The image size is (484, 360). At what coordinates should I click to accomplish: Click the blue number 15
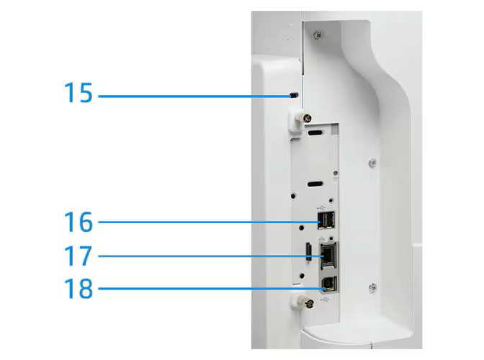pyautogui.click(x=78, y=93)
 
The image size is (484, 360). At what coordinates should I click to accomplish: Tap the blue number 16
pyautogui.click(x=78, y=222)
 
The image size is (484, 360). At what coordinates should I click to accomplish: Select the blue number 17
pyautogui.click(x=78, y=256)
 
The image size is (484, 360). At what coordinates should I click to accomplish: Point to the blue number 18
pyautogui.click(x=78, y=289)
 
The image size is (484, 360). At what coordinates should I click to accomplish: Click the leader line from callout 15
pyautogui.click(x=194, y=96)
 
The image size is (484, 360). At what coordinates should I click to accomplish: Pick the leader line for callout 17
pyautogui.click(x=210, y=256)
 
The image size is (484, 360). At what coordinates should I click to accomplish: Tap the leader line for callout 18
pyautogui.click(x=212, y=289)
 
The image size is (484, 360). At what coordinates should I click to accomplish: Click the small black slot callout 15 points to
pyautogui.click(x=295, y=94)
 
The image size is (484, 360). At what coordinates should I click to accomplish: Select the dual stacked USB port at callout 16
pyautogui.click(x=326, y=220)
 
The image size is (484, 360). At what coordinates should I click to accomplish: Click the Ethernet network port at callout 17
pyautogui.click(x=328, y=255)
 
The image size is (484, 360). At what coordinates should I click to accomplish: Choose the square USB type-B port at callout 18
pyautogui.click(x=329, y=284)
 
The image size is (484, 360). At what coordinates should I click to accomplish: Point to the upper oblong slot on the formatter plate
pyautogui.click(x=315, y=133)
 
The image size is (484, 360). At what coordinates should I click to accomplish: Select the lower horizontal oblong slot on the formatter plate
pyautogui.click(x=315, y=184)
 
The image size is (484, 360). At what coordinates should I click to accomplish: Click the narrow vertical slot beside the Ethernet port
pyautogui.click(x=308, y=253)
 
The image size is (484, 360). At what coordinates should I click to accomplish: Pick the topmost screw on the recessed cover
pyautogui.click(x=318, y=35)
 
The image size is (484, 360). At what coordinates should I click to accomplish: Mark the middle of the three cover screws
pyautogui.click(x=372, y=163)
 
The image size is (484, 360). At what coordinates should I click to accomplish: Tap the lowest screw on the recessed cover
pyautogui.click(x=372, y=287)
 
